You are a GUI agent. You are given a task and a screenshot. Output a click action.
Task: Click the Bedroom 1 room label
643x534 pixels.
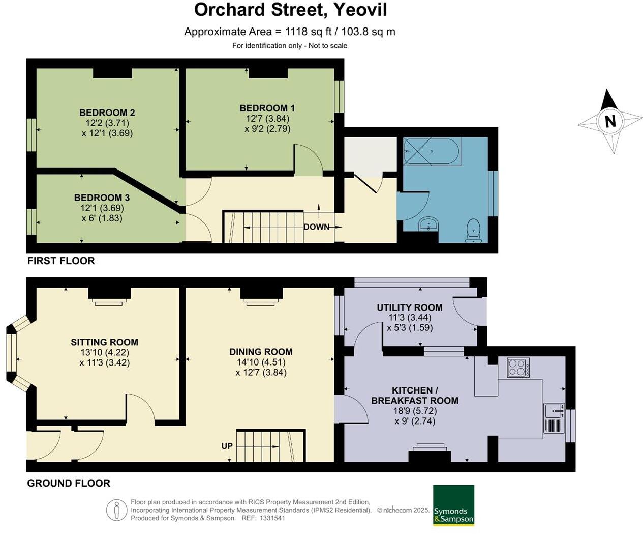267,108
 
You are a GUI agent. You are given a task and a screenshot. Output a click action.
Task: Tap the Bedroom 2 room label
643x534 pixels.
107,113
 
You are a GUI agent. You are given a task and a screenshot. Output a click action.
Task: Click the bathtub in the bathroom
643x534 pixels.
431,151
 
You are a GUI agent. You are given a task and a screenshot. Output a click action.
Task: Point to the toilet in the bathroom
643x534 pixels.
474,231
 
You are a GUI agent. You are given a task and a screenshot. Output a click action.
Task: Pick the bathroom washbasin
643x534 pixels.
429,223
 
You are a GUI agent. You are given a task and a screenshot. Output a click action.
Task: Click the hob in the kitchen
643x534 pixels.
518,368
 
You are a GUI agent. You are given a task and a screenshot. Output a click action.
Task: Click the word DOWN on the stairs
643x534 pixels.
316,227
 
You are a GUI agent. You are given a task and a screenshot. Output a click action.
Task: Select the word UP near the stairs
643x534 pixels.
227,446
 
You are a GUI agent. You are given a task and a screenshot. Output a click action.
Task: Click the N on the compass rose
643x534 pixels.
610,121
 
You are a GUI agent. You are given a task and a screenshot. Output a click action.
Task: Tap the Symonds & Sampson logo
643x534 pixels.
453,505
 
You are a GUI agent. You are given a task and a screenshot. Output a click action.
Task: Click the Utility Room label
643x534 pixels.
409,307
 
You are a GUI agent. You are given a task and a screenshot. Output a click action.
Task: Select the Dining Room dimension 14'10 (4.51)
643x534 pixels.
261,362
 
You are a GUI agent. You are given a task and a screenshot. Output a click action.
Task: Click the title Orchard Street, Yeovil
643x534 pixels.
290,10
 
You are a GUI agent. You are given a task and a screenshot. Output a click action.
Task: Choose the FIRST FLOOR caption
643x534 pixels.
61,261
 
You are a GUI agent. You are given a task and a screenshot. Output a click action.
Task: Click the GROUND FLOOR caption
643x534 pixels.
69,483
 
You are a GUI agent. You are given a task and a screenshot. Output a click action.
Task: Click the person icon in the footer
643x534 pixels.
116,510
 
